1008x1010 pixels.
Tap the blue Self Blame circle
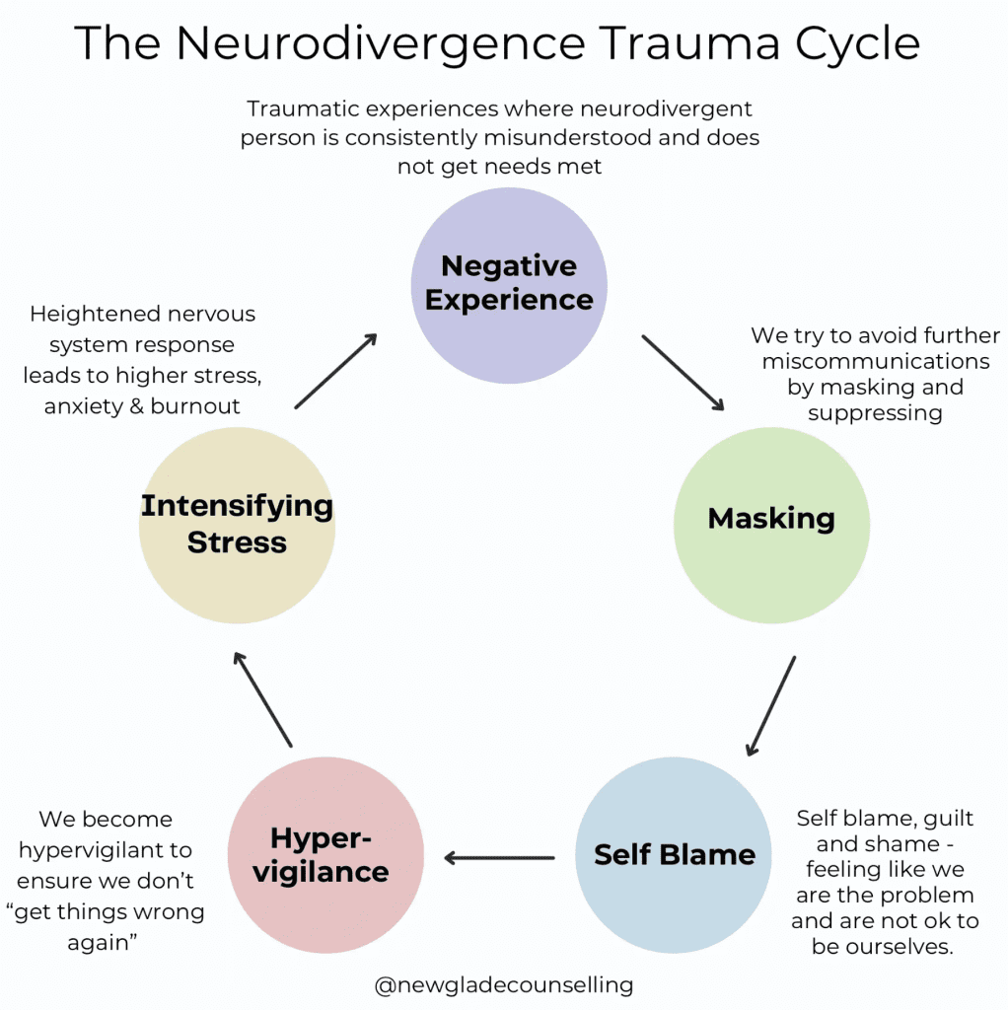tap(674, 854)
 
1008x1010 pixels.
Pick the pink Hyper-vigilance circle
tap(325, 854)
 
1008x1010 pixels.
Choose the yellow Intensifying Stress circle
tap(237, 524)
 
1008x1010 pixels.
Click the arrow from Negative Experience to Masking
tap(684, 373)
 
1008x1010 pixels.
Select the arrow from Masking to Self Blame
tap(771, 705)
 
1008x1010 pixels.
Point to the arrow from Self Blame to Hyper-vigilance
tap(499, 857)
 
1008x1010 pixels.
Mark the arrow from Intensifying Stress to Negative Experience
tap(336, 371)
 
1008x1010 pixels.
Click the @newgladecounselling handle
tap(504, 984)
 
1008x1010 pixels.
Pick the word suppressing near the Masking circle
tap(875, 413)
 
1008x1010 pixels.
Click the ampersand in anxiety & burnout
tap(135, 406)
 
